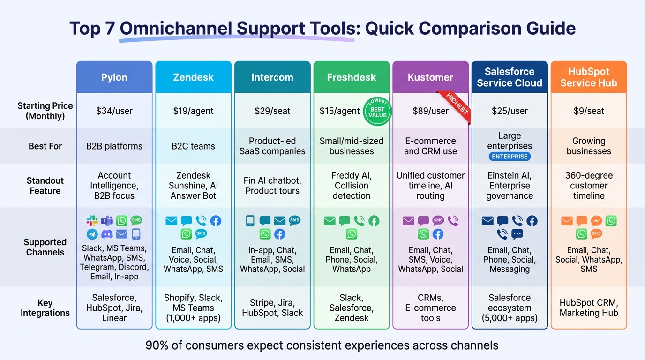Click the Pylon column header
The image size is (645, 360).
(114, 77)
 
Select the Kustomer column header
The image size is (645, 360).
(430, 77)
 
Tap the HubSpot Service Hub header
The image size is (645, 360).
(588, 77)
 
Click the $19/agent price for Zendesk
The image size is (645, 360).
(193, 111)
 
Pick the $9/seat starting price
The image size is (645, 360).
(589, 111)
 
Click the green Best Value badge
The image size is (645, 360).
(377, 112)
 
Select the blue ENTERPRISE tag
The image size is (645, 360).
(510, 157)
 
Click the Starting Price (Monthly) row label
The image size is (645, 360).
(45, 111)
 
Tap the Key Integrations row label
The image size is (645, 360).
(45, 308)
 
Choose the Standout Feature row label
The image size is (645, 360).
(45, 186)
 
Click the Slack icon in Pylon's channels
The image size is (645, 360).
(92, 221)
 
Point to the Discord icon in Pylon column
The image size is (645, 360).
(107, 234)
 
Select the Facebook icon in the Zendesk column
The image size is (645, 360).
(216, 221)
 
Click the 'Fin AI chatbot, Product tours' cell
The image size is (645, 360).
(272, 186)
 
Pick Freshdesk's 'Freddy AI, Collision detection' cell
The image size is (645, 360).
(351, 186)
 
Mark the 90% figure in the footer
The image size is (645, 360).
(156, 346)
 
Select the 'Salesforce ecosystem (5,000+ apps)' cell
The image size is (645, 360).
(510, 308)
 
